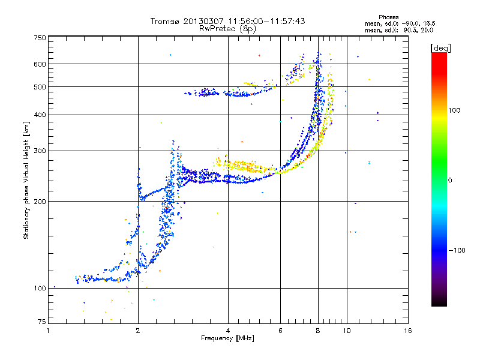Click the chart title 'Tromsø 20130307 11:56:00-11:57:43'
click(228, 21)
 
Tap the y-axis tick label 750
click(40, 37)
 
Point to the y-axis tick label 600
click(40, 64)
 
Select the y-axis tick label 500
click(40, 86)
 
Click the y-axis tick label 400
click(40, 115)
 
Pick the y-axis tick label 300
click(40, 151)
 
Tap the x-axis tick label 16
click(407, 331)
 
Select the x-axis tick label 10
click(346, 331)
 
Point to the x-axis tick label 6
click(280, 331)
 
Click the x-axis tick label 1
click(48, 331)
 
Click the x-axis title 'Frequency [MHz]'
click(228, 338)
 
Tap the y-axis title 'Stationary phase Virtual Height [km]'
click(26, 181)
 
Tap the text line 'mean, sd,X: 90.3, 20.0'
click(399, 29)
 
